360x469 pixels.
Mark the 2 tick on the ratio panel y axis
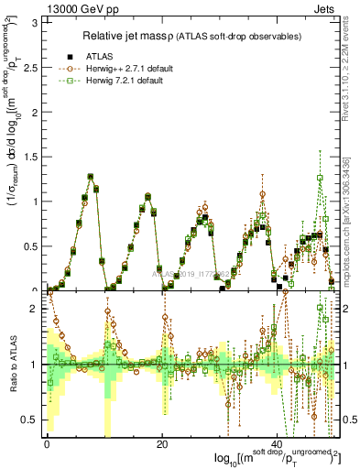[37, 309]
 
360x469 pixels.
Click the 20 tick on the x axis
[162, 444]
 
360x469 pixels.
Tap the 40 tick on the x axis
[278, 444]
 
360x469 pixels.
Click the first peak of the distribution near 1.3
[91, 176]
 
